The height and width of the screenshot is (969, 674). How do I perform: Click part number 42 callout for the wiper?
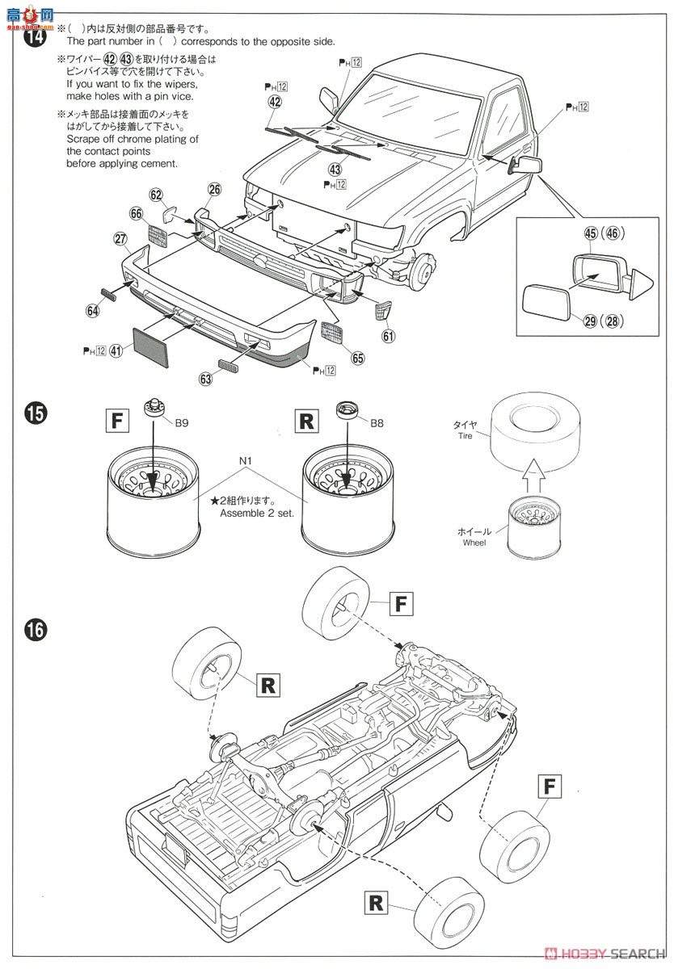click(x=275, y=102)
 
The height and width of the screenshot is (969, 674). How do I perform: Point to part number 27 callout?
click(x=120, y=238)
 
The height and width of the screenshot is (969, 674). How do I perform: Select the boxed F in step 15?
click(x=117, y=421)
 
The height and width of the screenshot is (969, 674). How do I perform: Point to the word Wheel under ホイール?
click(x=474, y=543)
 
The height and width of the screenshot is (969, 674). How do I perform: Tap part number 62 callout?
click(x=156, y=195)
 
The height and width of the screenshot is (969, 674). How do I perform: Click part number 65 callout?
click(x=358, y=358)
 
